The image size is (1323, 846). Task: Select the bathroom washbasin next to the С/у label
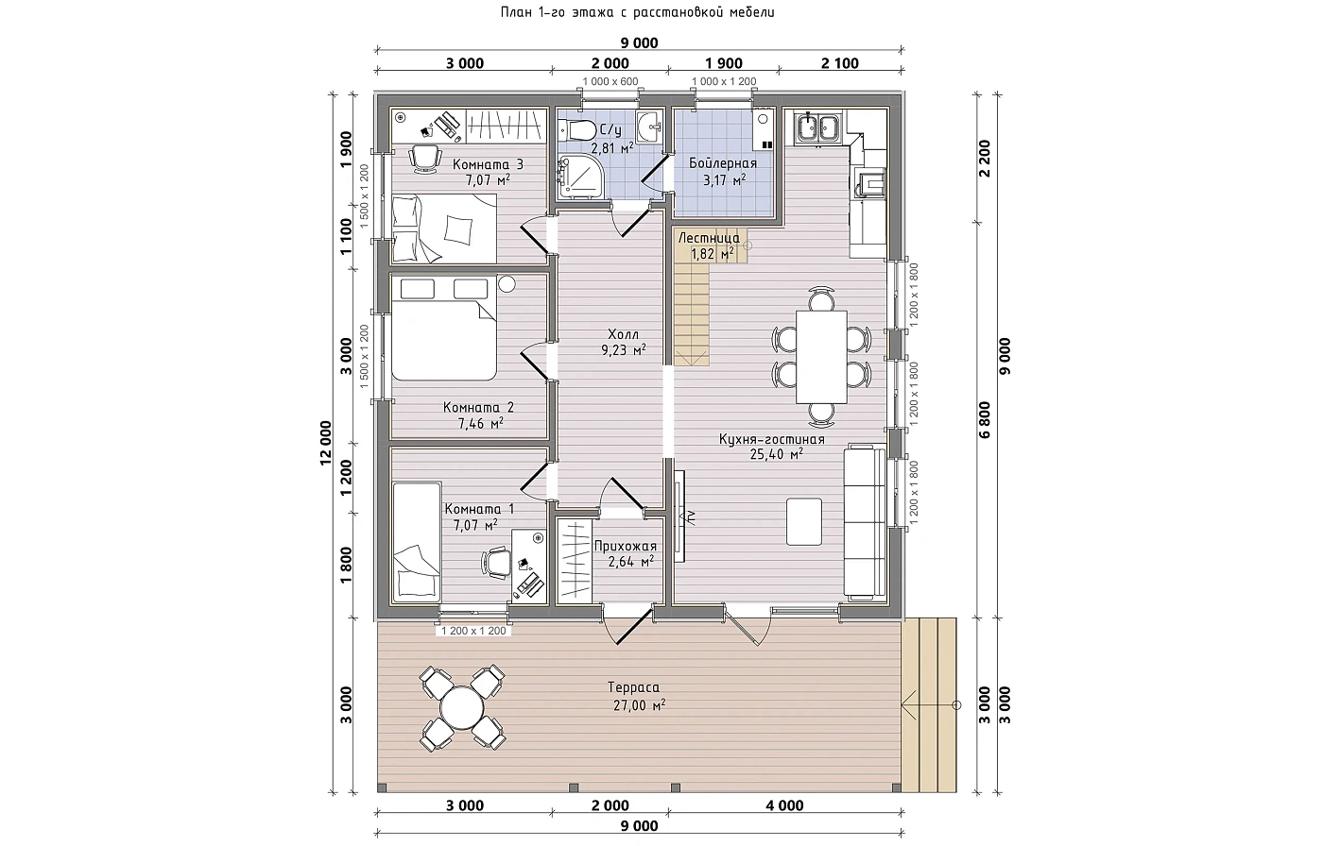click(651, 127)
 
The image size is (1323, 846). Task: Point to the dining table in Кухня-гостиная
click(821, 357)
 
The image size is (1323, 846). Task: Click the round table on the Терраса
click(462, 707)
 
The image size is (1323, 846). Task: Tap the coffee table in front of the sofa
click(804, 521)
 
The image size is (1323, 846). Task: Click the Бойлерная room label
click(723, 163)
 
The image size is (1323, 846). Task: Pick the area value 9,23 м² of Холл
click(624, 350)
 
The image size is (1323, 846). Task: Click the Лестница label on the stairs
click(709, 238)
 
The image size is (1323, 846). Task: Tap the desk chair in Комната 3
click(425, 159)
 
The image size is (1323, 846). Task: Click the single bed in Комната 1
click(417, 542)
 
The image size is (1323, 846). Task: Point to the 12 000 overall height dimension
click(326, 443)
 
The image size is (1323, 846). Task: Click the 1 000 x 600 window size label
click(610, 81)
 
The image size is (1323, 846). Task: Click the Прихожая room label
click(625, 546)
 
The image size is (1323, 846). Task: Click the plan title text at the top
click(637, 12)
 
